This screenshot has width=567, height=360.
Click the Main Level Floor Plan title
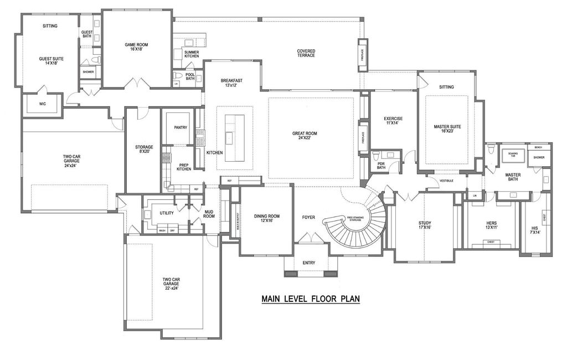click(311, 299)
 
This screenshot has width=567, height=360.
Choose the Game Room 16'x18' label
click(136, 47)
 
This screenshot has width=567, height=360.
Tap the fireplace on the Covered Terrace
click(363, 55)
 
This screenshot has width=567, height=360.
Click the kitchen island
click(234, 130)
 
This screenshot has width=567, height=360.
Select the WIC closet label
click(42, 104)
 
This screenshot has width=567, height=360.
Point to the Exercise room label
click(393, 121)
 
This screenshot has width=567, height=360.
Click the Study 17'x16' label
click(425, 225)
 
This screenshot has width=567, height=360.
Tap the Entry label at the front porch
click(309, 263)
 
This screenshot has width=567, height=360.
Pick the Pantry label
click(181, 127)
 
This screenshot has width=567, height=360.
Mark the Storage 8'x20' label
click(144, 150)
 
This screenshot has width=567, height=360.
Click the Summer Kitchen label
click(192, 54)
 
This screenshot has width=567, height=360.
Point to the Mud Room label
click(209, 214)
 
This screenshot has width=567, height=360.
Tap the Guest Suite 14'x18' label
click(48, 61)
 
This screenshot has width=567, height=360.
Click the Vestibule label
click(447, 181)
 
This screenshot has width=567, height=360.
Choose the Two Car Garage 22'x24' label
click(171, 283)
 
